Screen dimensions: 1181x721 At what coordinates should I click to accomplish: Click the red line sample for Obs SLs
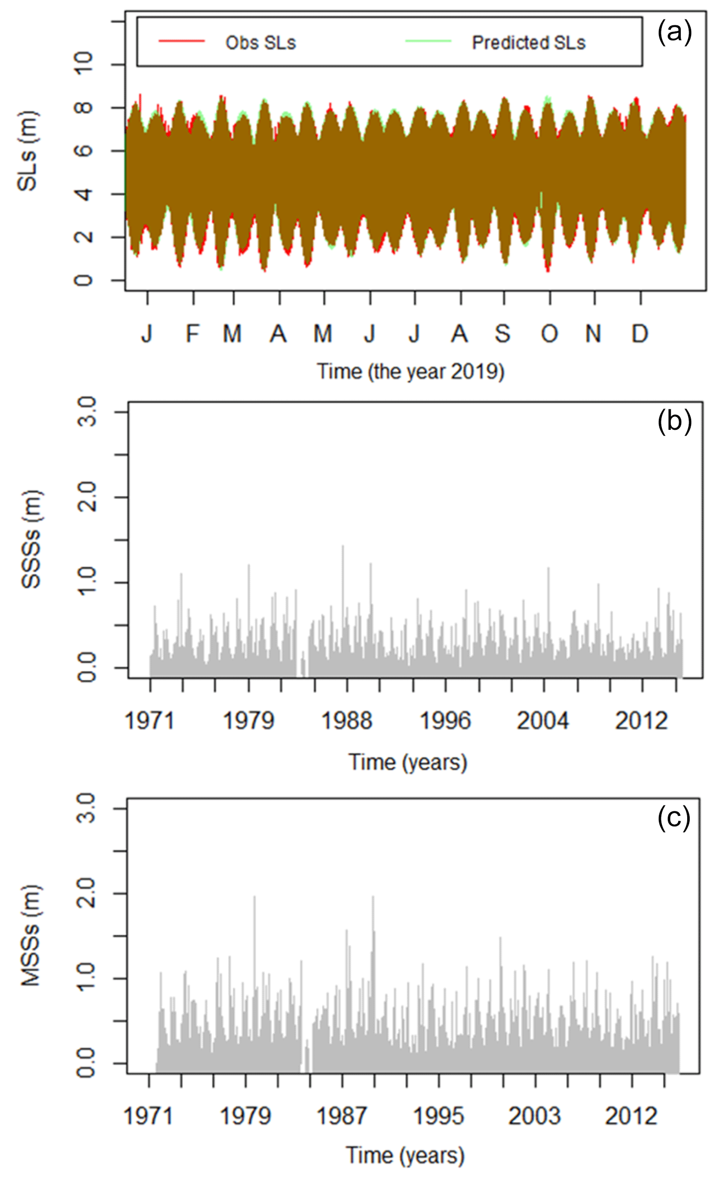point(181,41)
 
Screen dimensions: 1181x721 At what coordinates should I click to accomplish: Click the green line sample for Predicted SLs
point(428,41)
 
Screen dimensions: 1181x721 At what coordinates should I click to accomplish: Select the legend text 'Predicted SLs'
point(529,43)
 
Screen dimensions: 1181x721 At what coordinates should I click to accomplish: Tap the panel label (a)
point(674,33)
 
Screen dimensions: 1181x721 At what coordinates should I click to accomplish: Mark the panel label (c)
point(674,817)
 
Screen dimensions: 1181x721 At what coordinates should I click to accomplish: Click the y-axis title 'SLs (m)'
point(27,151)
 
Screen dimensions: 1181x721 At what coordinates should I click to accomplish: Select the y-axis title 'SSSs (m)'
point(31,539)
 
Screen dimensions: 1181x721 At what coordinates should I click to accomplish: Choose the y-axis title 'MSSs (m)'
point(31,935)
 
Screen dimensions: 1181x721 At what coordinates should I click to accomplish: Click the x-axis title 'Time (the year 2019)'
point(411,372)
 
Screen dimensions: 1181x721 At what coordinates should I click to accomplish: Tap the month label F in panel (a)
point(193,334)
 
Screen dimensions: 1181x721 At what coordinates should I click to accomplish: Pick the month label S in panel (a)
point(503,334)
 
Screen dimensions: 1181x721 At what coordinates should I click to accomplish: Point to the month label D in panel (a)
point(640,334)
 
